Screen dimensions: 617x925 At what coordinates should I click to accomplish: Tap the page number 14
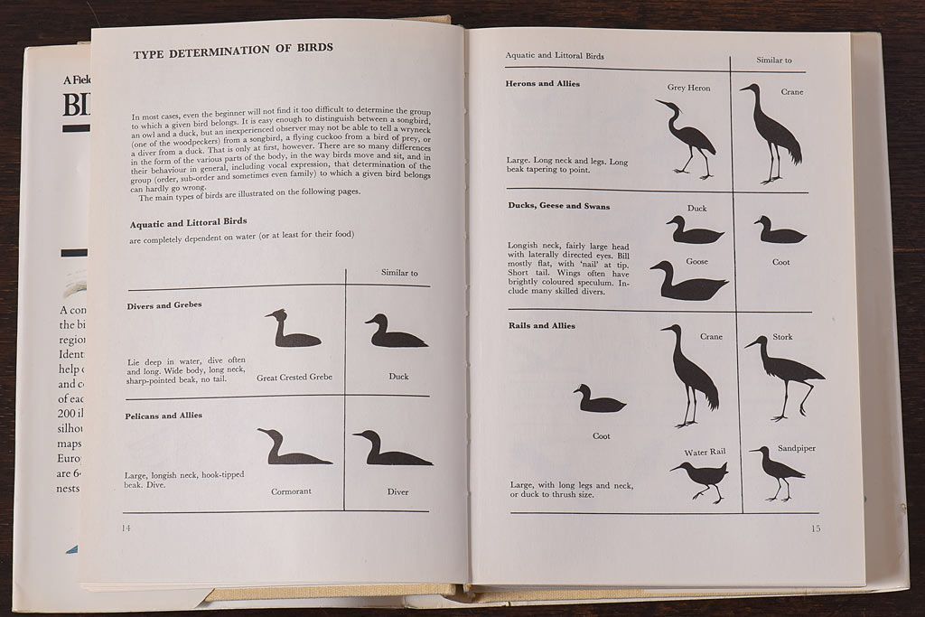tap(126, 528)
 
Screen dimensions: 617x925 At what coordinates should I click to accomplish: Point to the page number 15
tap(815, 528)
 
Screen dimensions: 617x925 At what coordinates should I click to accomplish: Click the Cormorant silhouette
tap(291, 449)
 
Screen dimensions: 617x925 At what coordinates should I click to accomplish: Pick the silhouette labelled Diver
tap(391, 450)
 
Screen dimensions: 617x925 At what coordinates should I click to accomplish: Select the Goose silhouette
tap(687, 283)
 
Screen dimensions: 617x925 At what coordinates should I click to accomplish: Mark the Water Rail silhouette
tap(699, 479)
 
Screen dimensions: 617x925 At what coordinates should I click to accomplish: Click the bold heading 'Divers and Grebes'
tap(164, 305)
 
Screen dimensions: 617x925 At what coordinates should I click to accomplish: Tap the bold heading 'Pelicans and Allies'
tap(164, 416)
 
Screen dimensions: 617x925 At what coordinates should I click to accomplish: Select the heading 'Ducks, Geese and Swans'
tap(559, 206)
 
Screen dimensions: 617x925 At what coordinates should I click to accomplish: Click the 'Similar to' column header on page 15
tap(774, 61)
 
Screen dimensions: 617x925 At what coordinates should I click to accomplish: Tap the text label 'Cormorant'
tap(291, 491)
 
